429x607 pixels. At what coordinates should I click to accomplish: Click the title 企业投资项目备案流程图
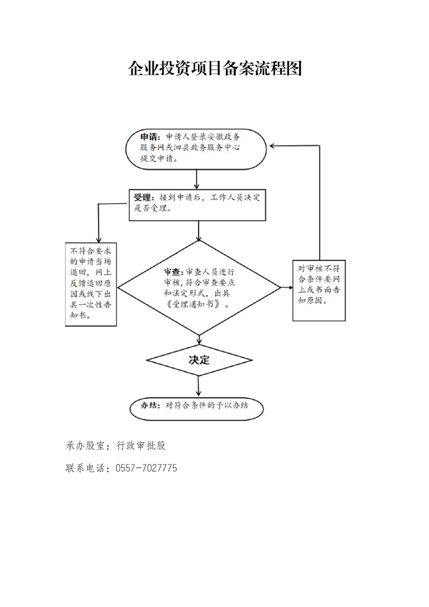point(214,69)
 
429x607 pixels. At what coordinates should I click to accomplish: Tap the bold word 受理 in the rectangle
point(142,198)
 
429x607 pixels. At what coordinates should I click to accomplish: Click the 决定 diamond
point(200,360)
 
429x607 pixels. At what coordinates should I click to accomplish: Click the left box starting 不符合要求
point(91,284)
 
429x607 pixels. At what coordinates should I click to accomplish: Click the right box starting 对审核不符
point(319,291)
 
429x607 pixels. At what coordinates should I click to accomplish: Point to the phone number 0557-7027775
point(147,468)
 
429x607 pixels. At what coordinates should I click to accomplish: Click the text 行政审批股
point(141,446)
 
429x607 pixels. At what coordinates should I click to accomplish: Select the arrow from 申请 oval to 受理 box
point(197,179)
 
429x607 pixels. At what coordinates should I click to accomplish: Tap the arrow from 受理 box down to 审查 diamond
point(199,230)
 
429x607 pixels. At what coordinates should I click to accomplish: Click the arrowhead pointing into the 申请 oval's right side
point(272,146)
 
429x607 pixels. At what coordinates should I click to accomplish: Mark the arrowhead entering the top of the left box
point(99,240)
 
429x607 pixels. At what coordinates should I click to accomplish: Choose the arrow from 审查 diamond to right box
point(287,288)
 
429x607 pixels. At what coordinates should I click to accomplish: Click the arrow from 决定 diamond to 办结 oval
point(199,386)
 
